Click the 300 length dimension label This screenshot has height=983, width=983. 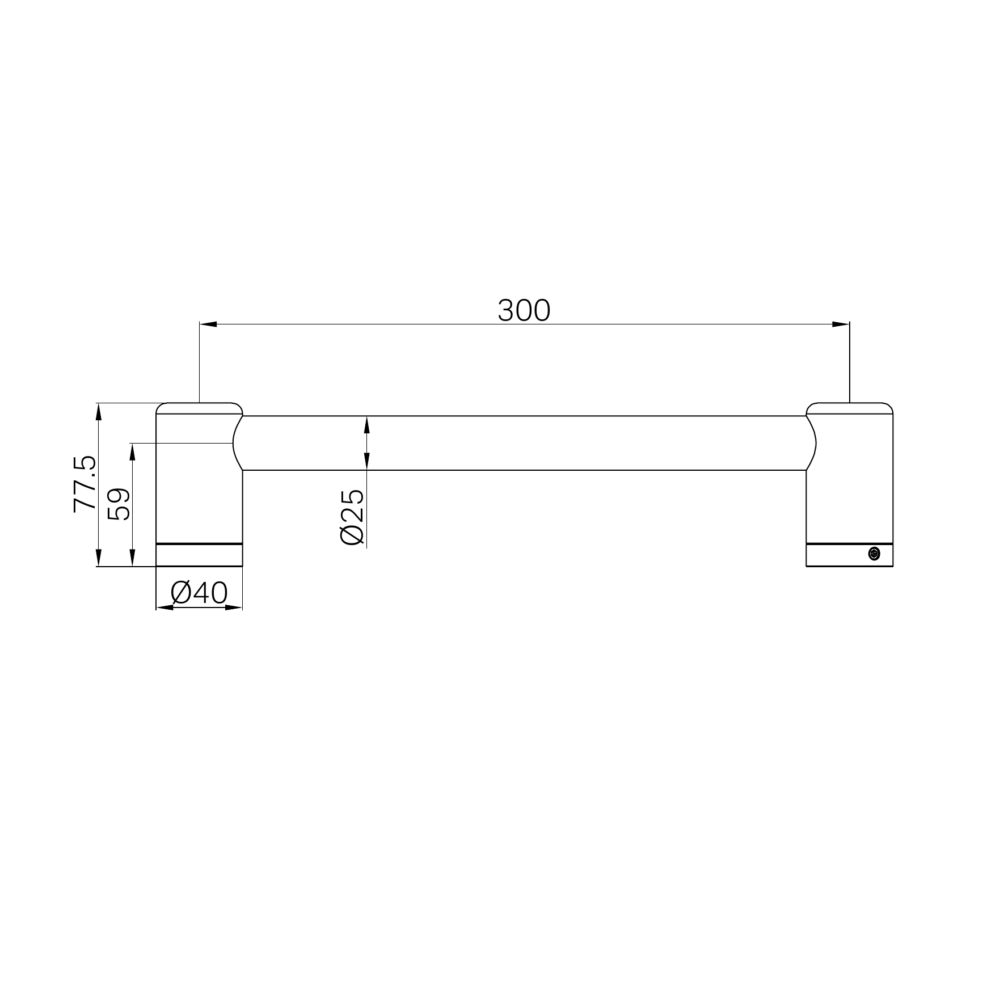[x=524, y=311]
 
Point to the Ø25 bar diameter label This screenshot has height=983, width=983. [x=352, y=517]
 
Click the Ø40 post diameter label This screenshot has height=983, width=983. [x=199, y=593]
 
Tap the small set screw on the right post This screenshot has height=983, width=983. [x=874, y=554]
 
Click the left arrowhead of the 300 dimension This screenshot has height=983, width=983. [x=208, y=324]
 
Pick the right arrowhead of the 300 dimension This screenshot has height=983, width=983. [x=841, y=324]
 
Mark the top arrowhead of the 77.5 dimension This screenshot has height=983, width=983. [x=99, y=411]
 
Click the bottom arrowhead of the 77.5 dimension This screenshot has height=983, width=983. [x=99, y=558]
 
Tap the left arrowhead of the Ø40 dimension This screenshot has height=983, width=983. [x=164, y=607]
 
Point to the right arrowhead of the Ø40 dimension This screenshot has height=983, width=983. [x=234, y=607]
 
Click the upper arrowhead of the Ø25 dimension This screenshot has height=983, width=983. [x=367, y=424]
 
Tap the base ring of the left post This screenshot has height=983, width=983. [x=199, y=555]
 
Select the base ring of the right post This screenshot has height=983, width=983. [x=839, y=555]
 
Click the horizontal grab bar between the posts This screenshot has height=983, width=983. [x=524, y=443]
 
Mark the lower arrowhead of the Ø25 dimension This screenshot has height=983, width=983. [x=367, y=462]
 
